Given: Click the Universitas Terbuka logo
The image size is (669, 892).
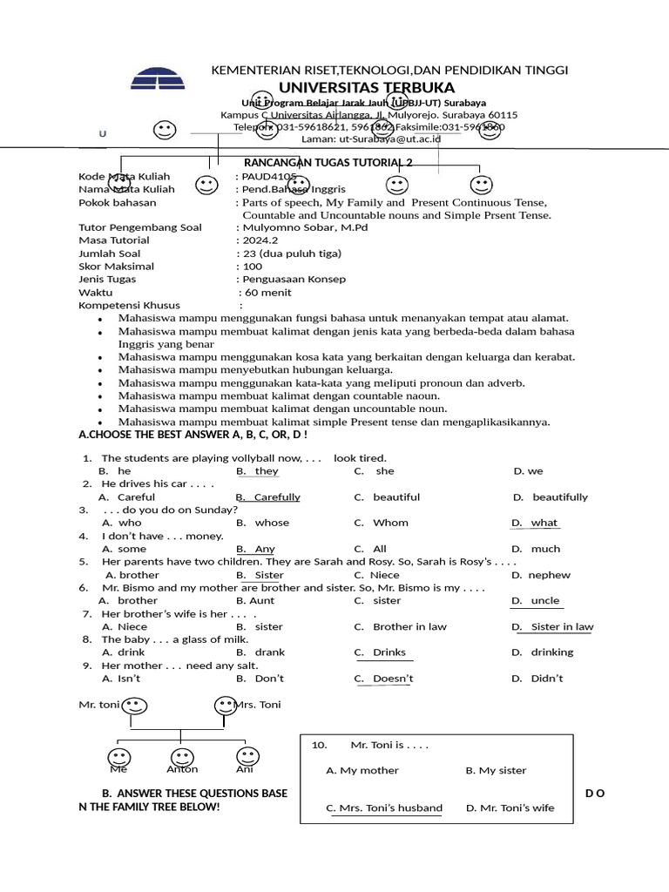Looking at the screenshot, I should [158, 77].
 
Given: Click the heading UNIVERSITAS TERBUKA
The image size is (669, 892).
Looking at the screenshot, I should [367, 88].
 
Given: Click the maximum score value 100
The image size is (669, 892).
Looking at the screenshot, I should [252, 267].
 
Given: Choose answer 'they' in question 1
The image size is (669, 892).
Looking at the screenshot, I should [267, 471].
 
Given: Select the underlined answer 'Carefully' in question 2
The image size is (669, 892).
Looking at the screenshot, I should [276, 497].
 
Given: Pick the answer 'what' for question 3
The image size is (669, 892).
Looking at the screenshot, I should [544, 523].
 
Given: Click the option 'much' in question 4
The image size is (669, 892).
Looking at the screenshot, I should [545, 549].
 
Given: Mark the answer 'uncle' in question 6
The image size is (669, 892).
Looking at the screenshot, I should [545, 600].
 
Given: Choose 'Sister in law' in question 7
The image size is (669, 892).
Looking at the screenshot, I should [562, 626].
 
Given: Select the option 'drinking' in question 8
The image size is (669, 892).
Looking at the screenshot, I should [552, 652].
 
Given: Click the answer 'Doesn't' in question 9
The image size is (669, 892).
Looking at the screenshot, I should [393, 679].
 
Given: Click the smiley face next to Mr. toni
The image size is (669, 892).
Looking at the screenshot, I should [134, 705].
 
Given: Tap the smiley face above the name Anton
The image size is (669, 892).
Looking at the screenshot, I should [182, 757].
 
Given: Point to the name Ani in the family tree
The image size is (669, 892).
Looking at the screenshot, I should [245, 769].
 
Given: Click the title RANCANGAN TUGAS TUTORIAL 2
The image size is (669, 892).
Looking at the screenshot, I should [328, 163].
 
